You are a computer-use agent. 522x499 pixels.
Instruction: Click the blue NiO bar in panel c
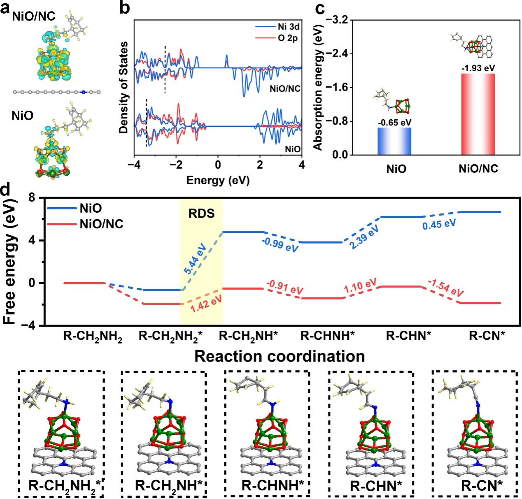[394, 141]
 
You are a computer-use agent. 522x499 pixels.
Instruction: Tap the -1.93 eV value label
[478, 68]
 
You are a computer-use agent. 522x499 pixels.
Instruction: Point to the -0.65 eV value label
[394, 122]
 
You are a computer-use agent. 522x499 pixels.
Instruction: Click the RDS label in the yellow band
[201, 214]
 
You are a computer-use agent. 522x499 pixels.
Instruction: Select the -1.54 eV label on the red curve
[445, 288]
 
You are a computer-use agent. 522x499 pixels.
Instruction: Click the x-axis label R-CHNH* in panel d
[327, 336]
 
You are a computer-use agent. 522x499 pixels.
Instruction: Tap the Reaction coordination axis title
[280, 356]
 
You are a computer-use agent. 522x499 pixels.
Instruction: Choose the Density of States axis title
[124, 87]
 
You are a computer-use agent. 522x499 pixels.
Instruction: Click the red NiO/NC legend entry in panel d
[101, 224]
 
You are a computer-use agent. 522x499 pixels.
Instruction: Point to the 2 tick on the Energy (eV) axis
[260, 165]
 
